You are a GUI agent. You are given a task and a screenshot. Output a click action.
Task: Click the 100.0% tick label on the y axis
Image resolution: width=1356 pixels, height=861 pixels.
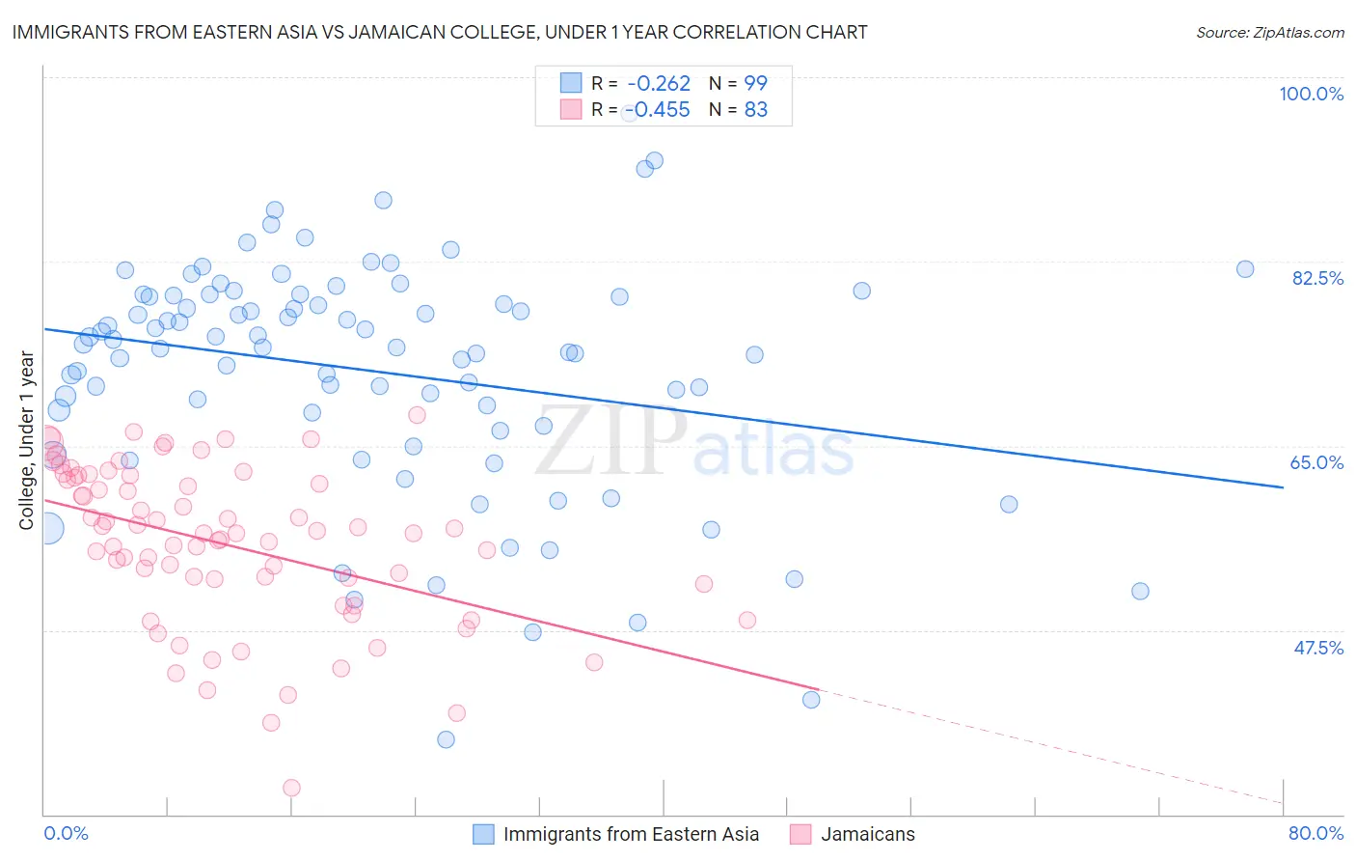1311,94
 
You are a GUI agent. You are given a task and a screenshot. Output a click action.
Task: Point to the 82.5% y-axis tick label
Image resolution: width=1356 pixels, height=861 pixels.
1317,278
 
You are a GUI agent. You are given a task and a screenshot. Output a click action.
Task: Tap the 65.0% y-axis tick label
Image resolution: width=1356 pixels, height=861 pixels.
1316,462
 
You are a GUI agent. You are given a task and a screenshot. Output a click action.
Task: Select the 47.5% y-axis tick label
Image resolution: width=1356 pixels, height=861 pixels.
1317,648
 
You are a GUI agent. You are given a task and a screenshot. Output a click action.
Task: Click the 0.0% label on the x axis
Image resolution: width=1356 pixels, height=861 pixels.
66,833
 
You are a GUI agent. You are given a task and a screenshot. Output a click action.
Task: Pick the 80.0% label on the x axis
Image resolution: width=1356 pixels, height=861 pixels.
1315,833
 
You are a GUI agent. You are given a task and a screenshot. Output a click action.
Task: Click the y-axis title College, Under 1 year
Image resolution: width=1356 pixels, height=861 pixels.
27,441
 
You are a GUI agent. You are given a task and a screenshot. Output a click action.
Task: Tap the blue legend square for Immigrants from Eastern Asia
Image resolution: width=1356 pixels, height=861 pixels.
483,834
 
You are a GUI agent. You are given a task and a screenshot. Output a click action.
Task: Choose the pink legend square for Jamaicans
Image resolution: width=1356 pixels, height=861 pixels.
800,834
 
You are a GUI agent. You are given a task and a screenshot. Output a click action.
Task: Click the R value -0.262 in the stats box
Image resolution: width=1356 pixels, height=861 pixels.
659,84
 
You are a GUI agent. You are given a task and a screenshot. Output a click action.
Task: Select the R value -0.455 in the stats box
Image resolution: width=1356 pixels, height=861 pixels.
659,110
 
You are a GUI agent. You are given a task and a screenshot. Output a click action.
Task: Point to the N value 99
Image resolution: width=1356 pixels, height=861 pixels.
755,84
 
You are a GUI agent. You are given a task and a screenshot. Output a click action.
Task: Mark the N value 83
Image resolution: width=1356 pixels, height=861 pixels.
755,110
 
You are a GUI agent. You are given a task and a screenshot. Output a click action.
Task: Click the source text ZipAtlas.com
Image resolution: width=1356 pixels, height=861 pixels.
1269,33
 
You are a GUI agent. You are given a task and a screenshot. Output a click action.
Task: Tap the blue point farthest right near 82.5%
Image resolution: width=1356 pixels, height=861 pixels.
1245,269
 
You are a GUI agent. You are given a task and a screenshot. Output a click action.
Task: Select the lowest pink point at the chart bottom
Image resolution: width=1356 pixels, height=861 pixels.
291,788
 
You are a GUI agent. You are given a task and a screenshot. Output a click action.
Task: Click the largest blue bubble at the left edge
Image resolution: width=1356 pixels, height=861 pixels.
47,528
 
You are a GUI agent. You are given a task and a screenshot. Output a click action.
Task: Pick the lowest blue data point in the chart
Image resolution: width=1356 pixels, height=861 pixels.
446,739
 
